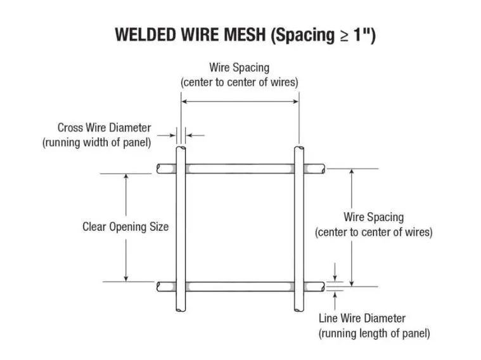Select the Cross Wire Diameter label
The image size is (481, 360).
click(x=104, y=127)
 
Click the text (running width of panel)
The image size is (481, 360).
click(x=96, y=143)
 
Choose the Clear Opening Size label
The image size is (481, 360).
click(x=125, y=226)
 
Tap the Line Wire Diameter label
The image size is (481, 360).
click(x=362, y=318)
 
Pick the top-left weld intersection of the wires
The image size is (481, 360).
click(x=181, y=169)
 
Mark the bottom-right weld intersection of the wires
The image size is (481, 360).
click(x=299, y=286)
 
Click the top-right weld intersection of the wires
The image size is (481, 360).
click(x=299, y=169)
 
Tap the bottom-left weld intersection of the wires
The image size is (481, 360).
click(x=181, y=286)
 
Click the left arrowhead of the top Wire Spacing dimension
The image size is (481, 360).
click(x=184, y=101)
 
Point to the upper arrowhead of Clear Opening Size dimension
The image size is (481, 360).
click(x=125, y=177)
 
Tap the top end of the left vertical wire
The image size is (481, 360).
click(x=181, y=149)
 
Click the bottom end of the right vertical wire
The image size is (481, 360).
click(x=299, y=310)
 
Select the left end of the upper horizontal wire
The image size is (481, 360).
click(x=160, y=169)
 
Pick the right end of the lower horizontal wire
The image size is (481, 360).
click(x=323, y=286)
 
